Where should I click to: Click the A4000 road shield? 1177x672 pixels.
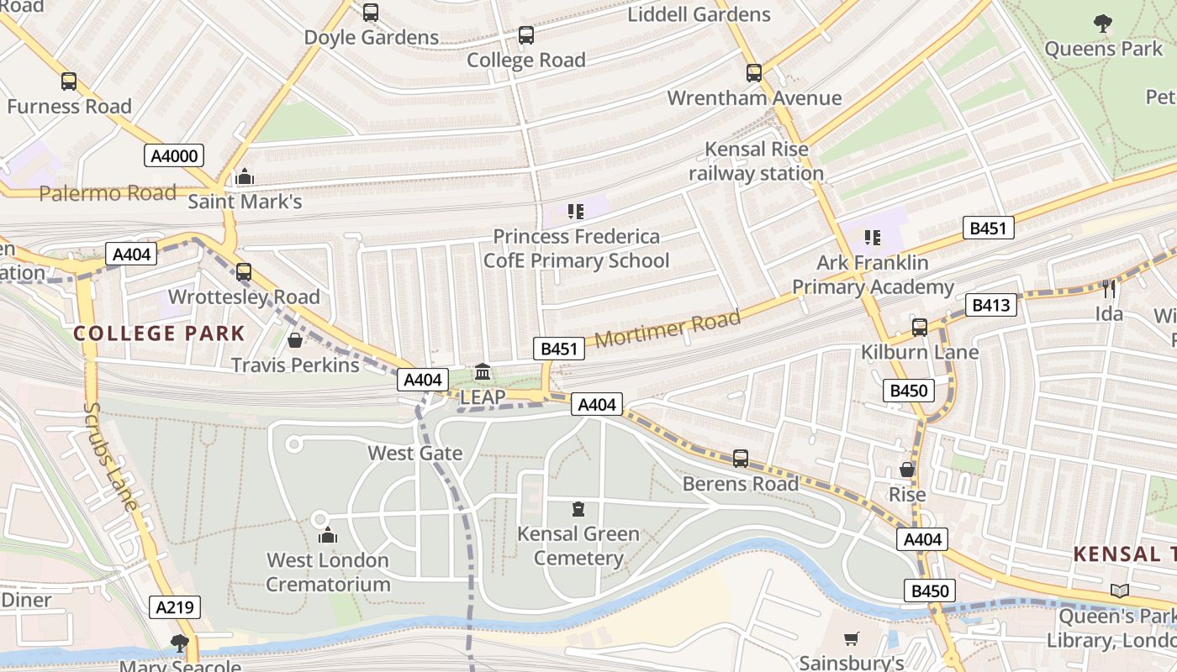(174, 155)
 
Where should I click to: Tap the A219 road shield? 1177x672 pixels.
(174, 607)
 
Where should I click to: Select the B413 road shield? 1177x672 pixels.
(991, 305)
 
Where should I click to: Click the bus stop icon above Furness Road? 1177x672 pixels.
(69, 81)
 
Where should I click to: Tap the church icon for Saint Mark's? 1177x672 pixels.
(245, 176)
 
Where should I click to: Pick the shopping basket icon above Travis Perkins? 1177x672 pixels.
(295, 340)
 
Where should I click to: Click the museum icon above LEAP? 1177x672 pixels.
(483, 371)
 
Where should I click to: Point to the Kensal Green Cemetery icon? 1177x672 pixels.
(578, 509)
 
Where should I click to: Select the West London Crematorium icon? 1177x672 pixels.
(328, 535)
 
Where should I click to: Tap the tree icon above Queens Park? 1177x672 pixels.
(1102, 24)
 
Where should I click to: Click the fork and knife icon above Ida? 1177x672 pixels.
(1109, 289)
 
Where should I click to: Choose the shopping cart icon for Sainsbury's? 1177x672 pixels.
(852, 639)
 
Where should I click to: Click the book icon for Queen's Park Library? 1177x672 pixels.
(1119, 591)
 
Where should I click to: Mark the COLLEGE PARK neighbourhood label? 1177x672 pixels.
(159, 333)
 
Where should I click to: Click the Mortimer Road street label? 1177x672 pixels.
(668, 328)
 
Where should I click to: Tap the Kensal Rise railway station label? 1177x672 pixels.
(757, 161)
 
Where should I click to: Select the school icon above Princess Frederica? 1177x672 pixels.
(576, 211)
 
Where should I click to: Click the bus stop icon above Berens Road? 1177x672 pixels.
(741, 458)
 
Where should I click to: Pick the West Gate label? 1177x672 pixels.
(415, 453)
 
